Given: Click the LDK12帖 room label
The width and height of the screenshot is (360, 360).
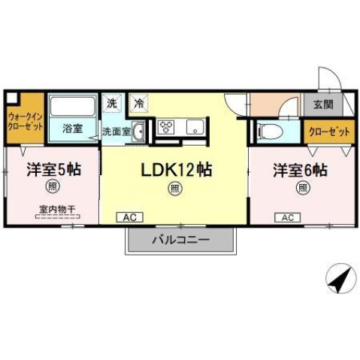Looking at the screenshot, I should pyautogui.click(x=174, y=170).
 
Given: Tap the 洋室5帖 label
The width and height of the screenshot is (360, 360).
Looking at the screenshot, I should pyautogui.click(x=53, y=170).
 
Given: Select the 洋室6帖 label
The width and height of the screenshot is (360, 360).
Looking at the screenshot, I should pyautogui.click(x=299, y=170).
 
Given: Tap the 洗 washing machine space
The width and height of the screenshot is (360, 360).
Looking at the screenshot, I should pyautogui.click(x=112, y=101).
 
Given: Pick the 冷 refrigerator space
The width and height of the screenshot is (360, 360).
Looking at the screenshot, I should pyautogui.click(x=139, y=101).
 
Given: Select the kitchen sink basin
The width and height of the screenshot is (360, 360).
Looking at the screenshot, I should pyautogui.click(x=196, y=129).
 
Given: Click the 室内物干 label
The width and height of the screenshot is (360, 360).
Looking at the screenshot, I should pyautogui.click(x=53, y=210).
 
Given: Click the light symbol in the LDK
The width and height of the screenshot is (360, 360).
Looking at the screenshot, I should pyautogui.click(x=174, y=188).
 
